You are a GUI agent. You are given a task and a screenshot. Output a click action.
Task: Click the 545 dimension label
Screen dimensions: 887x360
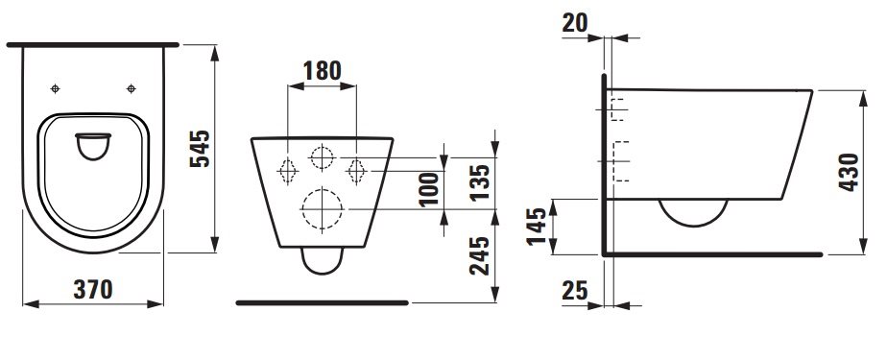(x=200, y=149)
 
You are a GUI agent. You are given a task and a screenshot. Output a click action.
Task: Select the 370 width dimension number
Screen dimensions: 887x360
(x=93, y=290)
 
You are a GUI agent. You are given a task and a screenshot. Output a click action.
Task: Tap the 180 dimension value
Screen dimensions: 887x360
(x=323, y=71)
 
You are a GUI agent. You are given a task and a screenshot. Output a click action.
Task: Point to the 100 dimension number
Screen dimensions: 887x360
(x=430, y=189)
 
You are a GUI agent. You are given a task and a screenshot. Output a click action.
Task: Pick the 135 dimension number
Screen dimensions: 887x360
(x=480, y=182)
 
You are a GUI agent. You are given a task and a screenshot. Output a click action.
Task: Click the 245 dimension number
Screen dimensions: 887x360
(x=480, y=256)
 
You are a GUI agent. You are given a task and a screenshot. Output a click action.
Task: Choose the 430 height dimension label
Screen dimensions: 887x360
(x=850, y=172)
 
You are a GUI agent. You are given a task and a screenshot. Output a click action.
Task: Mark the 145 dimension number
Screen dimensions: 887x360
(x=538, y=227)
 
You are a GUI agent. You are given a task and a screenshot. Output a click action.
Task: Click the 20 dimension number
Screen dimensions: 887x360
(x=575, y=24)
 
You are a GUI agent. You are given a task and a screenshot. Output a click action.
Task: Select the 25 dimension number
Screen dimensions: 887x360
(x=575, y=291)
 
